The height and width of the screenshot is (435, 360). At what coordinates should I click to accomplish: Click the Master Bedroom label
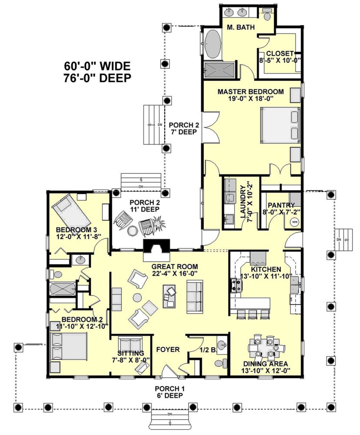[250, 95]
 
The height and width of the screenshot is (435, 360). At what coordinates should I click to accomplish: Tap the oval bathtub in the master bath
[213, 44]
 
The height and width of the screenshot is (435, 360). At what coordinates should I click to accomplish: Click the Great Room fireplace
[156, 250]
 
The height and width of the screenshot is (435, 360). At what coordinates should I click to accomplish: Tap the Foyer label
[168, 350]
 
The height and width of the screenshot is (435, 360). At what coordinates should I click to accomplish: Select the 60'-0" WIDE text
[97, 66]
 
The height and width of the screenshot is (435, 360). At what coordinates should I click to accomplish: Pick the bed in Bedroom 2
[69, 346]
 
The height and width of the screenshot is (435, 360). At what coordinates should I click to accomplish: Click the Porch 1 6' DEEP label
[170, 392]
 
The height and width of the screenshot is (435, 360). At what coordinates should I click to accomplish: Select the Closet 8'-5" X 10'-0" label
[280, 57]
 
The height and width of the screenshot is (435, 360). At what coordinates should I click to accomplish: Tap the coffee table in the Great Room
[170, 296]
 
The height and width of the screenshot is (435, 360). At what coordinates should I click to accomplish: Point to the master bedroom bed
[280, 125]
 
